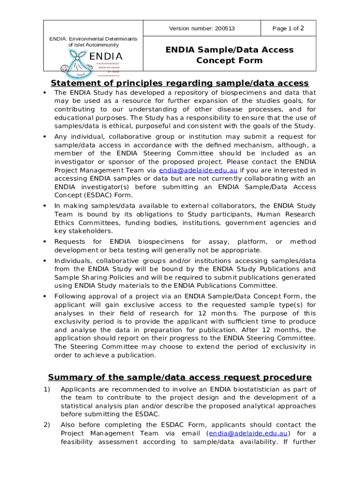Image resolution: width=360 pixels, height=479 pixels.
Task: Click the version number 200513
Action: tap(225, 29)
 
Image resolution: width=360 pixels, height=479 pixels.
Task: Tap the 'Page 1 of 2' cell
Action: tap(288, 29)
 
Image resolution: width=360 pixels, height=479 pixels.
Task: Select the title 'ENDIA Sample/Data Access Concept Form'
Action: tap(229, 55)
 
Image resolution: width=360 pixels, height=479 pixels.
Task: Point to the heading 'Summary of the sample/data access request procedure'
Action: tap(180, 377)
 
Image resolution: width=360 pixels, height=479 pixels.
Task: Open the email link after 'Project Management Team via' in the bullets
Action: tap(198, 170)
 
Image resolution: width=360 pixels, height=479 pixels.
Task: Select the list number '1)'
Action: tap(47, 389)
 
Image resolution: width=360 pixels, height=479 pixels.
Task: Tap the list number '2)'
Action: tap(47, 425)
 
